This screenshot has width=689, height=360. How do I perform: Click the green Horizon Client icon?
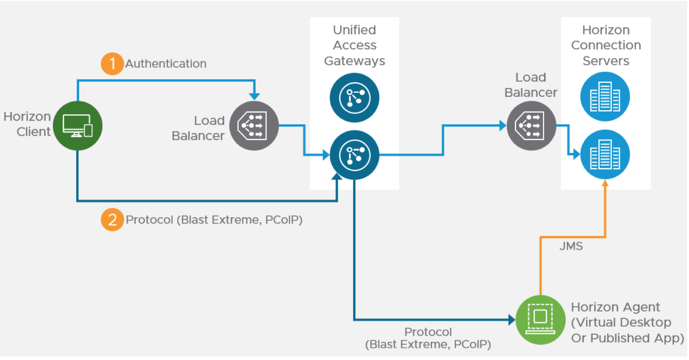pyautogui.click(x=78, y=126)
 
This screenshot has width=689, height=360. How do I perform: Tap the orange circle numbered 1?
pyautogui.click(x=112, y=63)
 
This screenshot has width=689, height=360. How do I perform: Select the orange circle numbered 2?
pyautogui.click(x=112, y=220)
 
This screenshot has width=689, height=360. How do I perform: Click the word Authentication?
pyautogui.click(x=166, y=64)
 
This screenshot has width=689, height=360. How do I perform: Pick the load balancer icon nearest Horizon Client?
pyautogui.click(x=254, y=126)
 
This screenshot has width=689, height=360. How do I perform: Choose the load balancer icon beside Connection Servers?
pyautogui.click(x=531, y=126)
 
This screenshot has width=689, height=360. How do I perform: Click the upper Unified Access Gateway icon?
pyautogui.click(x=354, y=98)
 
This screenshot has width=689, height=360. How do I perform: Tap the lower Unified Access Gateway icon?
pyautogui.click(x=354, y=155)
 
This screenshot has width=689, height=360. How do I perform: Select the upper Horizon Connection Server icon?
pyautogui.click(x=605, y=97)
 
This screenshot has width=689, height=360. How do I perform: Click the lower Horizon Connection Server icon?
pyautogui.click(x=605, y=154)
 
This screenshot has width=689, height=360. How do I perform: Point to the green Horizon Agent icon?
pyautogui.click(x=540, y=319)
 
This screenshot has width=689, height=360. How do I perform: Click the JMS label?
pyautogui.click(x=571, y=246)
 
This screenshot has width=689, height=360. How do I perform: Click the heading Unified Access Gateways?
pyautogui.click(x=354, y=45)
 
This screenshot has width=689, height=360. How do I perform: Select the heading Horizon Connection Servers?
pyautogui.click(x=606, y=45)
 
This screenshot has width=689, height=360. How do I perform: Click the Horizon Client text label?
pyautogui.click(x=28, y=124)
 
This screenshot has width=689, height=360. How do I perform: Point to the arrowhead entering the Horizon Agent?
pyautogui.click(x=512, y=320)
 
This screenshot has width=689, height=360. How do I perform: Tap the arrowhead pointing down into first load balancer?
pyautogui.click(x=255, y=96)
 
